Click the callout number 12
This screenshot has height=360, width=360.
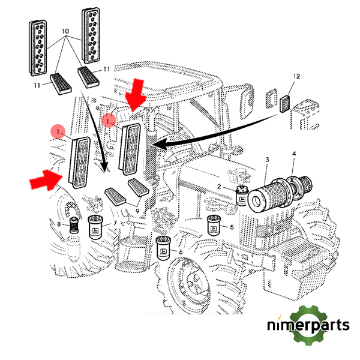pyautogui.click(x=295, y=76)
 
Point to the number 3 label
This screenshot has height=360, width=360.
pyautogui.click(x=267, y=159)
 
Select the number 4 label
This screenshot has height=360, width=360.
pyautogui.click(x=293, y=155)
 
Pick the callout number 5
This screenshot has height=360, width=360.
pyautogui.click(x=232, y=227)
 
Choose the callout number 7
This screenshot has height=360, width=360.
pyautogui.click(x=115, y=223)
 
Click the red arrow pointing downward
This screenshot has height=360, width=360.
pyautogui.click(x=136, y=94)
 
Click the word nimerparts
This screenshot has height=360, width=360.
pyautogui.click(x=309, y=326)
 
